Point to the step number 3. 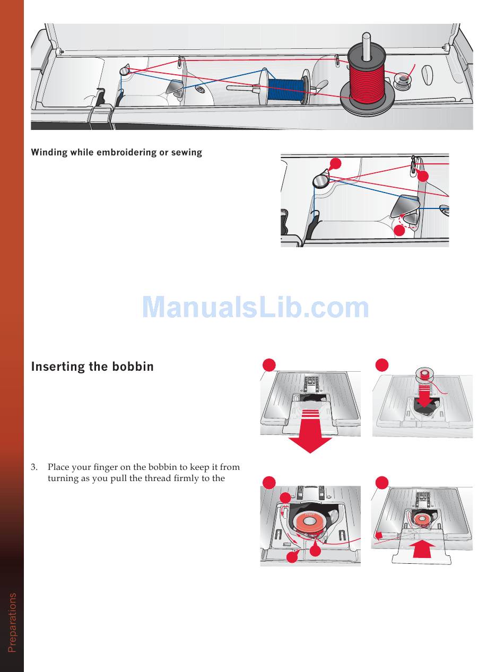coord(34,467)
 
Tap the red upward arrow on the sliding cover coord(422,548)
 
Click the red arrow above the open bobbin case coord(424,397)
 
